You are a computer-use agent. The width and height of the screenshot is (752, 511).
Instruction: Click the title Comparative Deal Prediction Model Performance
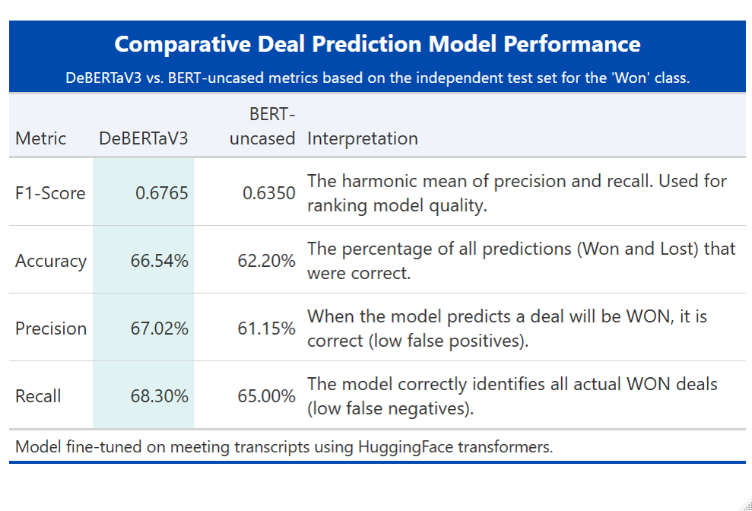[377, 44]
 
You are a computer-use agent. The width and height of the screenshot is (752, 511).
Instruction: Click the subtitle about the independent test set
[377, 78]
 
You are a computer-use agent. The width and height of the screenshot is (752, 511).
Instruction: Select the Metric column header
[40, 138]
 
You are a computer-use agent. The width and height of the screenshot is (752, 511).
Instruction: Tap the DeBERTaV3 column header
[143, 138]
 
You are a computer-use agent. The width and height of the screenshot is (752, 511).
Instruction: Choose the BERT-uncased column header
[262, 126]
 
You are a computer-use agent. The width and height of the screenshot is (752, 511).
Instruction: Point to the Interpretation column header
[362, 138]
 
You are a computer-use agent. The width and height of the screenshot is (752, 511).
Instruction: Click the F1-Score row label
[50, 193]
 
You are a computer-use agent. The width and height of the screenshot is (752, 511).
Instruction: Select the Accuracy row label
[50, 261]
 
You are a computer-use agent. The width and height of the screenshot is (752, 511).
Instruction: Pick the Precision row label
[51, 328]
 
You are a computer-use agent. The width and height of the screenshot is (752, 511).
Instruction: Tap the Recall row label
[38, 396]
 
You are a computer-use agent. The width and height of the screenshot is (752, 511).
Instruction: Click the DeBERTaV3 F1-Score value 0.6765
[161, 193]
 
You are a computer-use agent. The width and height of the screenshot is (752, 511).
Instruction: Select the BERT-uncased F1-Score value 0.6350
[268, 193]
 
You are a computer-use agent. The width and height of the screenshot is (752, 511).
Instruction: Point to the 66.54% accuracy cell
[157, 261]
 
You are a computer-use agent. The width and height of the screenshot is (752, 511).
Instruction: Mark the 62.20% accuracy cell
[265, 261]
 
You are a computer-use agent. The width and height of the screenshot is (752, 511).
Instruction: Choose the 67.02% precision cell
[157, 328]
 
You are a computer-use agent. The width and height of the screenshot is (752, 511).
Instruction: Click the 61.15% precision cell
[265, 328]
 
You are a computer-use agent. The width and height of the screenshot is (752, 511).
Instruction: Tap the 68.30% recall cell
[157, 396]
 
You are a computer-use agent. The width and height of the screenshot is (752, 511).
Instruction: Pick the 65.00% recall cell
[265, 396]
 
